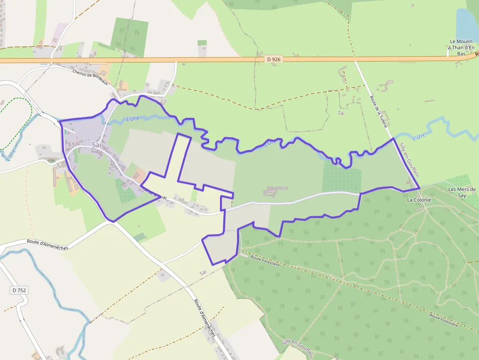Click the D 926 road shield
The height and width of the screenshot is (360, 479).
coord(274,59)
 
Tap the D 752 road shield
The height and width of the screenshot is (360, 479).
coord(19,290)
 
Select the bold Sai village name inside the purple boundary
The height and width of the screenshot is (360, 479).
coord(97,145)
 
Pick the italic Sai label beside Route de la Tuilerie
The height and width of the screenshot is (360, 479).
coord(341,113)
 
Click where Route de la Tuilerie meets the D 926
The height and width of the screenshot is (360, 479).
coord(355,60)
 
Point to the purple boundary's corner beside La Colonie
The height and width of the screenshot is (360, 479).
coord(419,188)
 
